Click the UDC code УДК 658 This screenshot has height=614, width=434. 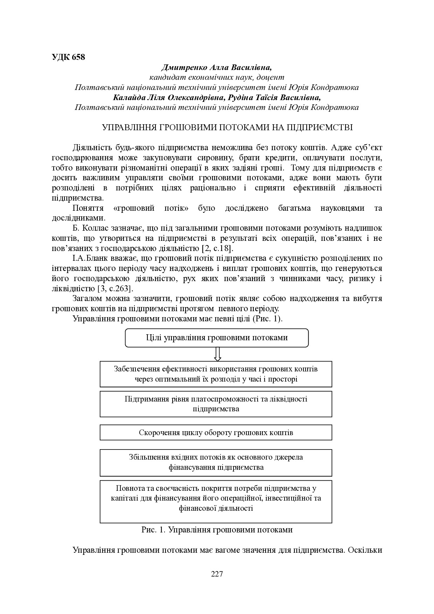pyautogui.click(x=68, y=57)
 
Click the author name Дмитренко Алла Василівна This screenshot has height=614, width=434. pyautogui.click(x=216, y=67)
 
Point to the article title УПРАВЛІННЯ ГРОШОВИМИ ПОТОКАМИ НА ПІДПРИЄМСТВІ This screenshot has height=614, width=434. pyautogui.click(x=227, y=127)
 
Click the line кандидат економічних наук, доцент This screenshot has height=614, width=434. pyautogui.click(x=217, y=77)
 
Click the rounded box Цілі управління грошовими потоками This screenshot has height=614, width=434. pyautogui.click(x=217, y=338)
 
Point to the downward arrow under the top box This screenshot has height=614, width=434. pyautogui.click(x=218, y=354)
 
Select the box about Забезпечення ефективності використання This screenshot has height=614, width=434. pyautogui.click(x=216, y=374)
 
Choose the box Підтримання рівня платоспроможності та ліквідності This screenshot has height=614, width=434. pyautogui.click(x=216, y=404)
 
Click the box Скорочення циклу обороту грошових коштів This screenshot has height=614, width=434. pyautogui.click(x=216, y=432)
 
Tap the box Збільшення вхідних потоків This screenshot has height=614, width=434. pyautogui.click(x=216, y=462)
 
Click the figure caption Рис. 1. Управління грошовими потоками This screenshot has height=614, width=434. pyautogui.click(x=217, y=530)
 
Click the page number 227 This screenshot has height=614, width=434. pyautogui.click(x=217, y=574)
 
